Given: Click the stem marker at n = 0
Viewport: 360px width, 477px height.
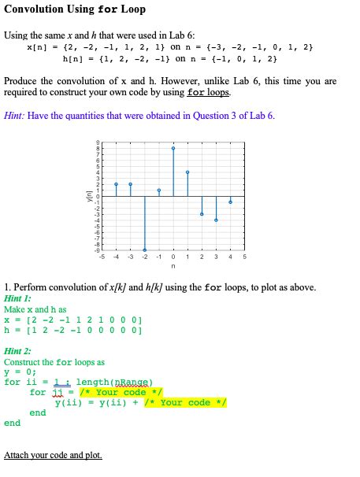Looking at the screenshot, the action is pos(173,148).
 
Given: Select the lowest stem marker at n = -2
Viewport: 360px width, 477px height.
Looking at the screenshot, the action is pos(144,250).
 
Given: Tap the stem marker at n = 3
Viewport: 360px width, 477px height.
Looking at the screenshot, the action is pos(216,220).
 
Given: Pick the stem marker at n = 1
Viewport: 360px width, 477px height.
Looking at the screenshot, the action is pos(187,172).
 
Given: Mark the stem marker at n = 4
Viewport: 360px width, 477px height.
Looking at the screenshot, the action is pos(230,202).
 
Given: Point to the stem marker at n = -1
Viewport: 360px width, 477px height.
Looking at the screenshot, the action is pos(159,190).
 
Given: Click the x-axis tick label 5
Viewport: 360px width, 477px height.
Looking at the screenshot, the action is pos(244,257).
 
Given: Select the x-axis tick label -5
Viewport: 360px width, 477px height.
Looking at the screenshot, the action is pos(102,257).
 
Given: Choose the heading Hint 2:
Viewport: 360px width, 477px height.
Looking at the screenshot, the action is pos(18,351).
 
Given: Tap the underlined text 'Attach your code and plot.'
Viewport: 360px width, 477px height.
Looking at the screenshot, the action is pos(53,455).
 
